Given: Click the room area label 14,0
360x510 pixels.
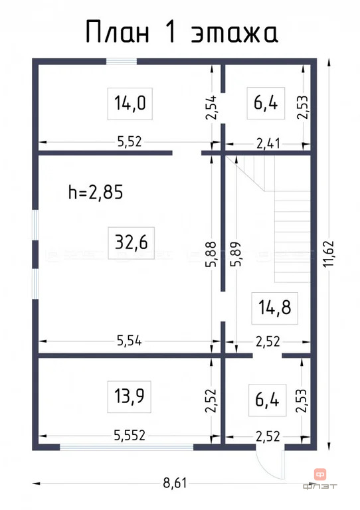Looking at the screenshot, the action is pyautogui.click(x=130, y=103).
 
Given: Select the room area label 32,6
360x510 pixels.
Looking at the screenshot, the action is pyautogui.click(x=131, y=242).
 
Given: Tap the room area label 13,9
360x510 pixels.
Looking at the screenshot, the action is pyautogui.click(x=129, y=396).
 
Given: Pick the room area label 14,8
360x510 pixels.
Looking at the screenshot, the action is pyautogui.click(x=274, y=307).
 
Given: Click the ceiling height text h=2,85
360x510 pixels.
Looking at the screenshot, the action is pyautogui.click(x=96, y=192).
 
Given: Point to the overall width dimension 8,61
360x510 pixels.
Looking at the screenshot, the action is pyautogui.click(x=175, y=483).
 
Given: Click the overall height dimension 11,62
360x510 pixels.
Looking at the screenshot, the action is pyautogui.click(x=329, y=254).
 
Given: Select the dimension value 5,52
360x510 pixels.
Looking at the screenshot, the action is pyautogui.click(x=130, y=142).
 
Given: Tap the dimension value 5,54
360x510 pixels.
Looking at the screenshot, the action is pyautogui.click(x=129, y=341).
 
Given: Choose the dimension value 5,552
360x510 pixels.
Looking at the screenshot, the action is pyautogui.click(x=130, y=435).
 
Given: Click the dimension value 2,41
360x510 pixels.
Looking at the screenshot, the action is pyautogui.click(x=268, y=143).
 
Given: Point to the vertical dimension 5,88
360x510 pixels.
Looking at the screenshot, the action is pyautogui.click(x=211, y=254).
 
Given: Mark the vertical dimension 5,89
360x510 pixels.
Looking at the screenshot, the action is pyautogui.click(x=236, y=254).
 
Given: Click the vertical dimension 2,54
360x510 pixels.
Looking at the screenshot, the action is pyautogui.click(x=211, y=108).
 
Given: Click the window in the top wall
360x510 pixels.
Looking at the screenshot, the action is pyautogui.click(x=122, y=62).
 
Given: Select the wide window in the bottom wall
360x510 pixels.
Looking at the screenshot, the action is pyautogui.click(x=126, y=447).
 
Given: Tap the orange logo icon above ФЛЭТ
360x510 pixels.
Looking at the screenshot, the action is pyautogui.click(x=320, y=474).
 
